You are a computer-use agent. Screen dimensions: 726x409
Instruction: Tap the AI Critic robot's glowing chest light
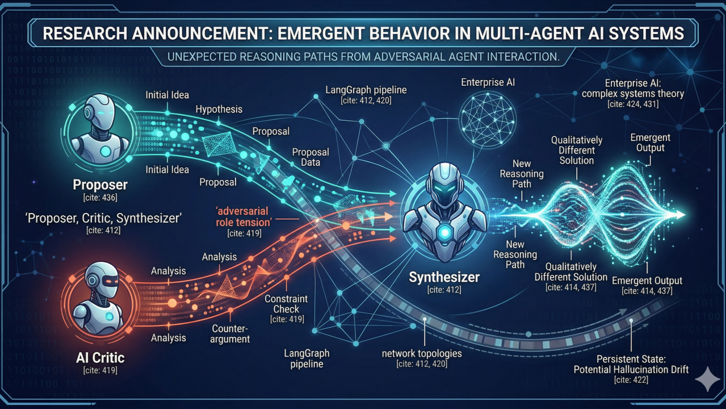[110, 316]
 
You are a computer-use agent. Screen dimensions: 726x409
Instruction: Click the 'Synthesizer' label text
[444, 277]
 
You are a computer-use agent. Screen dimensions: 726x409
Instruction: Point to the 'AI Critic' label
[100, 358]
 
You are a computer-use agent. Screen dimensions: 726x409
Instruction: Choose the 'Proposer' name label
[100, 185]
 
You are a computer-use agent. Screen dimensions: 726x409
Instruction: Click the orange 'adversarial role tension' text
[244, 216]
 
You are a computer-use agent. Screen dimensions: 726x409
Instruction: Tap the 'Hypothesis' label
[219, 109]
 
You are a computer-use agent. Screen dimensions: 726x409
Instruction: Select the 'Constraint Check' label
[286, 303]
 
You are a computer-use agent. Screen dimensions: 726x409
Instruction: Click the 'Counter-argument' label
[230, 334]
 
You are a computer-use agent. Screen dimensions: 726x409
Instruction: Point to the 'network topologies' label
[422, 353]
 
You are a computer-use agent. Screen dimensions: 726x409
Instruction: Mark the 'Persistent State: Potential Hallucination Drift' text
[631, 364]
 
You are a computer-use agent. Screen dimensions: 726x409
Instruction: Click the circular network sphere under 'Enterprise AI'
[488, 119]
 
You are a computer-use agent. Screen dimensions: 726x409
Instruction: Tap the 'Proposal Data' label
[310, 157]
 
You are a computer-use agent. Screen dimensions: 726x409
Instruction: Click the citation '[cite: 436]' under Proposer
[100, 197]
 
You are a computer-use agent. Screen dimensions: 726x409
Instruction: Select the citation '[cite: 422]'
[631, 380]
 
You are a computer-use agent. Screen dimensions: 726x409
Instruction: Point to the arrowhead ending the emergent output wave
[680, 215]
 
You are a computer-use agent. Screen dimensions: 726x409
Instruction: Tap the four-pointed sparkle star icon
[707, 379]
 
